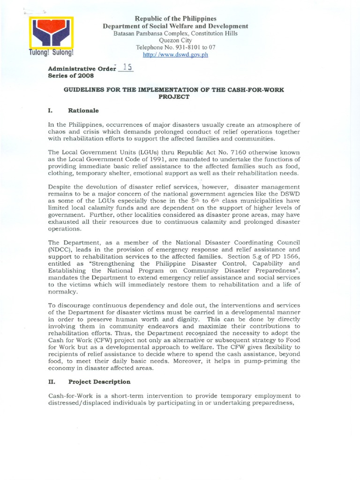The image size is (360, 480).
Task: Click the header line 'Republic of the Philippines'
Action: pyautogui.click(x=176, y=18)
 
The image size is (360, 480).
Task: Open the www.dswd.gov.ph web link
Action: pyautogui.click(x=176, y=54)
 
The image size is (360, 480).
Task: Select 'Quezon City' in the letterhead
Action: pyautogui.click(x=176, y=40)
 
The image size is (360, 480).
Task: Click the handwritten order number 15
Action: pyautogui.click(x=126, y=67)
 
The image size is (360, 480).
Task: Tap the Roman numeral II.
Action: pyautogui.click(x=52, y=382)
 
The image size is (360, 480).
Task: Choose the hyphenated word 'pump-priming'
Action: pyautogui.click(x=263, y=361)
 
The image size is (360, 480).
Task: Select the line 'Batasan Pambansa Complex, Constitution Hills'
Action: pyautogui.click(x=176, y=33)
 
